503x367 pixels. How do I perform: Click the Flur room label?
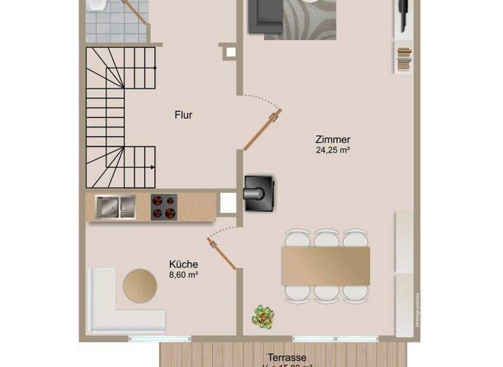183,115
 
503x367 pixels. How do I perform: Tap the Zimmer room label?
333,140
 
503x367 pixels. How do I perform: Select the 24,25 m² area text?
333,150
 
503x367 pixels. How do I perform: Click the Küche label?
184,265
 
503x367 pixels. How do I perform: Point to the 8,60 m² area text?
184,275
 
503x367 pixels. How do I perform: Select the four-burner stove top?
164,207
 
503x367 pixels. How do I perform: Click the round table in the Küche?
140,286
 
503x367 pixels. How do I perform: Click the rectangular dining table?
326,265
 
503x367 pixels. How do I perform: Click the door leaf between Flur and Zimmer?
262,130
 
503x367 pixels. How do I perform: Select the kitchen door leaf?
222,253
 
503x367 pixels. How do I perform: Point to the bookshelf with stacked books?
403,58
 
